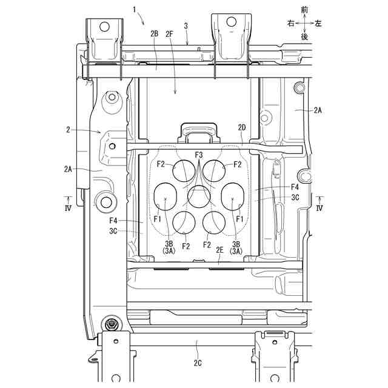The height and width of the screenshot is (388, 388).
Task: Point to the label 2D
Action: (242, 128)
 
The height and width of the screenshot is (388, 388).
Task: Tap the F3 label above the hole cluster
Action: (198, 155)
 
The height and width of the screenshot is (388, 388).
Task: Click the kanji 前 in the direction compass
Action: (304, 10)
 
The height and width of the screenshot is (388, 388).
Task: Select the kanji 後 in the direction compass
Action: (304, 36)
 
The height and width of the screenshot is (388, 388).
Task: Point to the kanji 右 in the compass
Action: (291, 22)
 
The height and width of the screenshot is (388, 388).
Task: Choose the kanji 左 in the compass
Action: (318, 22)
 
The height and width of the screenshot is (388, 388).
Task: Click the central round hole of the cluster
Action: (198, 197)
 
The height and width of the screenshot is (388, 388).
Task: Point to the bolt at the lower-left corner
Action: (110, 325)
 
